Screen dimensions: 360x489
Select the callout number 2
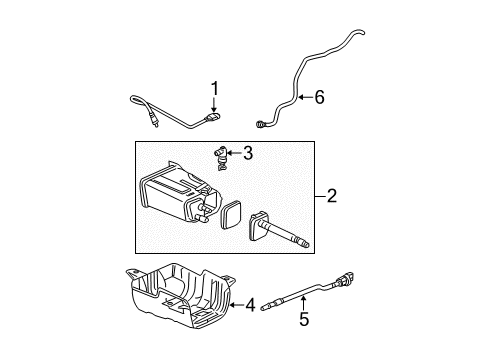pyautogui.click(x=329, y=197)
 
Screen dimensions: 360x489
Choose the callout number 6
pyautogui.click(x=321, y=98)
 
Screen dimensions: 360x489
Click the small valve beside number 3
pyautogui.click(x=218, y=155)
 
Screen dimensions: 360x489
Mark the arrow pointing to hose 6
pyautogui.click(x=301, y=98)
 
